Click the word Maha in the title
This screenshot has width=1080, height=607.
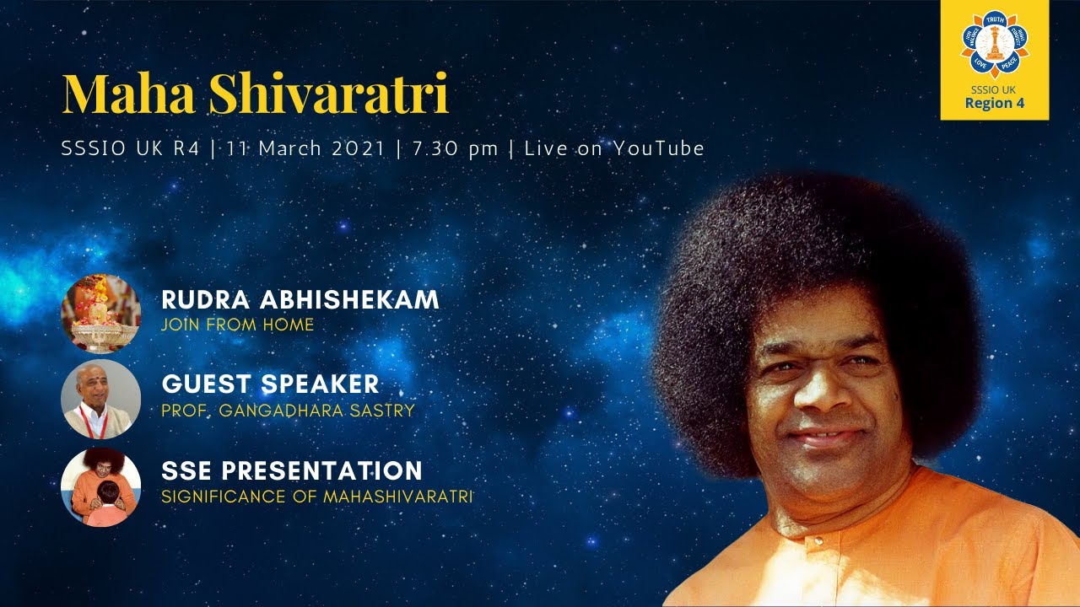(129, 94)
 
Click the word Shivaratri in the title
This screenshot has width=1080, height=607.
(329, 94)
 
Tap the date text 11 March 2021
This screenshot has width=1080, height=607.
(306, 148)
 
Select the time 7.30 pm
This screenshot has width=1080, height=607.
(455, 149)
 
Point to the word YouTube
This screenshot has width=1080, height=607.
(659, 148)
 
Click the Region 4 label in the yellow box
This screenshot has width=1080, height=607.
(995, 103)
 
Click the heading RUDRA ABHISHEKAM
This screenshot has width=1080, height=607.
(300, 299)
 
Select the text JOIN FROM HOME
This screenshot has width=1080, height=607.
(238, 325)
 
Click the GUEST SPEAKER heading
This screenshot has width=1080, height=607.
(271, 384)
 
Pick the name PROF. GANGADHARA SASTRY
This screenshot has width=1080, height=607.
(289, 411)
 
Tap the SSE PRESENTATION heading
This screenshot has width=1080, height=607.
(292, 470)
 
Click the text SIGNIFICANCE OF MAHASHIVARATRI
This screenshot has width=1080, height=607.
(317, 497)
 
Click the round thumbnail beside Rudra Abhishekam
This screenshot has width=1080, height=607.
(100, 314)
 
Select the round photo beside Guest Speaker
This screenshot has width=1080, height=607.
(100, 399)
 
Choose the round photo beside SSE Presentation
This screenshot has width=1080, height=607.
(100, 486)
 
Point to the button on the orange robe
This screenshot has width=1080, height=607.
(818, 541)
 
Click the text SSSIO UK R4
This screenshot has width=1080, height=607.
(130, 148)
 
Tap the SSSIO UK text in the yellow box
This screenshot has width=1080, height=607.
(994, 89)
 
